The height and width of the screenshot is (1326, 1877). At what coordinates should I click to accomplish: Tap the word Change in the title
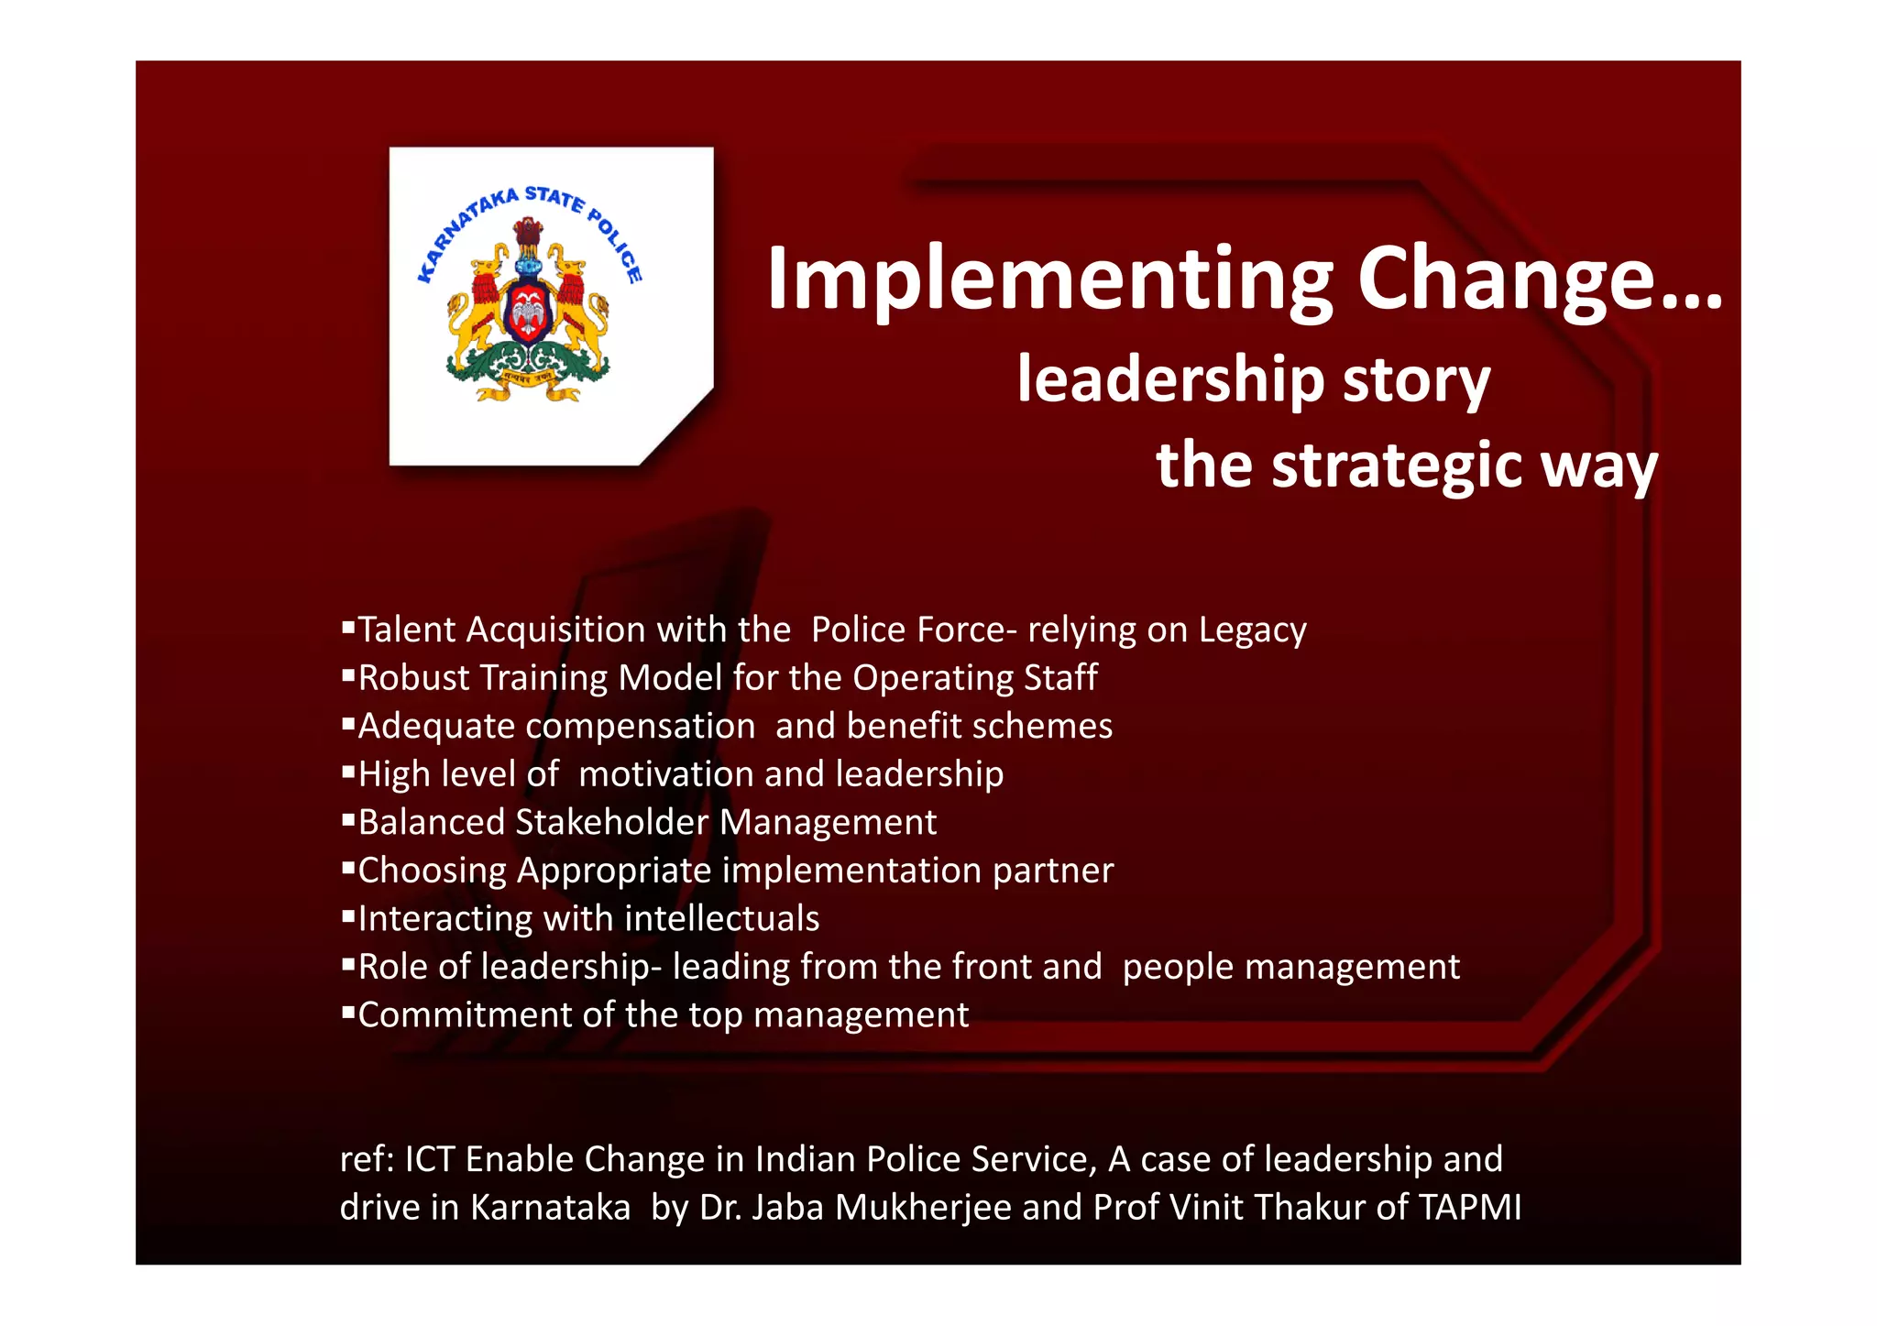[1521, 279]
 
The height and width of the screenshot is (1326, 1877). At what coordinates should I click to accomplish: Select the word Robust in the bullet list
[413, 678]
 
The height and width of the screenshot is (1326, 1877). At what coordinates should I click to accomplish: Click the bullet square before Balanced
[347, 819]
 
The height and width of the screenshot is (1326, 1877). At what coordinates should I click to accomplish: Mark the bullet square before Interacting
[347, 915]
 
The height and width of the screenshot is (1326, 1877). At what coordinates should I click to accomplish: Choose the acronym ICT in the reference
[430, 1160]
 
